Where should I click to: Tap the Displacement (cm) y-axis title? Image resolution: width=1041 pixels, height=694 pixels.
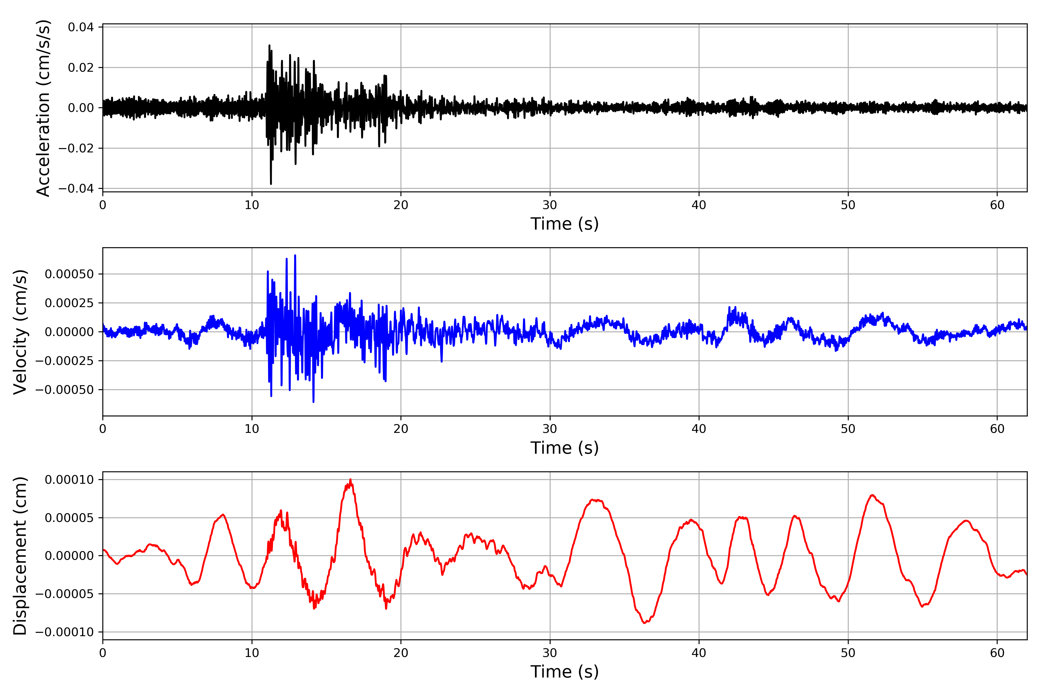click(20, 556)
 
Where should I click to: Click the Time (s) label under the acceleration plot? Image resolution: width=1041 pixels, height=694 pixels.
click(564, 224)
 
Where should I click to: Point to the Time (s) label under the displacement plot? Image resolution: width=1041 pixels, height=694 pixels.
click(564, 672)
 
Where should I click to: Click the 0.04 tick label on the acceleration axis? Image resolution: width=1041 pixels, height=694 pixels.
click(81, 27)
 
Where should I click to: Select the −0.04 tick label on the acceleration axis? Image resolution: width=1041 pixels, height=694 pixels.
click(76, 189)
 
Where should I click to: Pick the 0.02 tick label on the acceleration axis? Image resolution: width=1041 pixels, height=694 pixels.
click(81, 68)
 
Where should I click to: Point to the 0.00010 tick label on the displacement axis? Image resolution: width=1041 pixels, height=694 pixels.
click(69, 480)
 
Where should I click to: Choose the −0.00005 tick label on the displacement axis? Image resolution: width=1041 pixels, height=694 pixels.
click(64, 594)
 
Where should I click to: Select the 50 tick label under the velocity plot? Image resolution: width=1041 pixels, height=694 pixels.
click(848, 429)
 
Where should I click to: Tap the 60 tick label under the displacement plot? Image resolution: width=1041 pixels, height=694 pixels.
click(997, 653)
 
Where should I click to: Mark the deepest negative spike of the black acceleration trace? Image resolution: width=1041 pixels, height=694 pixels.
click(271, 184)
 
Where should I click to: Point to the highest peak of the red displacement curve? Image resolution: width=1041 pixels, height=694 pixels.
click(350, 479)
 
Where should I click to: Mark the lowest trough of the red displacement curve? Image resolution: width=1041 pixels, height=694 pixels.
click(645, 623)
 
